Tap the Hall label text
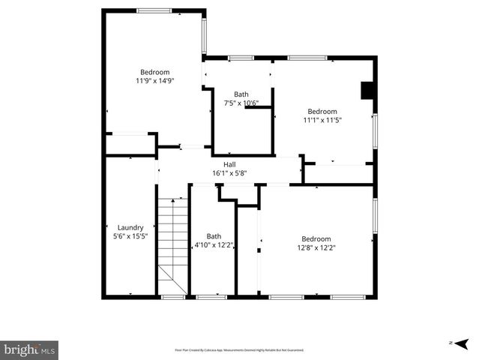[x=229, y=164]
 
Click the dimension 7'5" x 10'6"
[x=241, y=103]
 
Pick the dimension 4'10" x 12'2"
[x=214, y=244]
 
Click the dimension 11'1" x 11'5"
[x=322, y=119]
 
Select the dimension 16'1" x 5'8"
[x=229, y=173]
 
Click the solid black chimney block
[x=367, y=91]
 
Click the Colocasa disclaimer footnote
[x=239, y=350]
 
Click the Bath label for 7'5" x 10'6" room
[x=241, y=94]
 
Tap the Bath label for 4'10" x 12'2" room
[x=214, y=235]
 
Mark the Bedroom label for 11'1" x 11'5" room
[x=322, y=111]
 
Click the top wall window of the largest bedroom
[x=154, y=10]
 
